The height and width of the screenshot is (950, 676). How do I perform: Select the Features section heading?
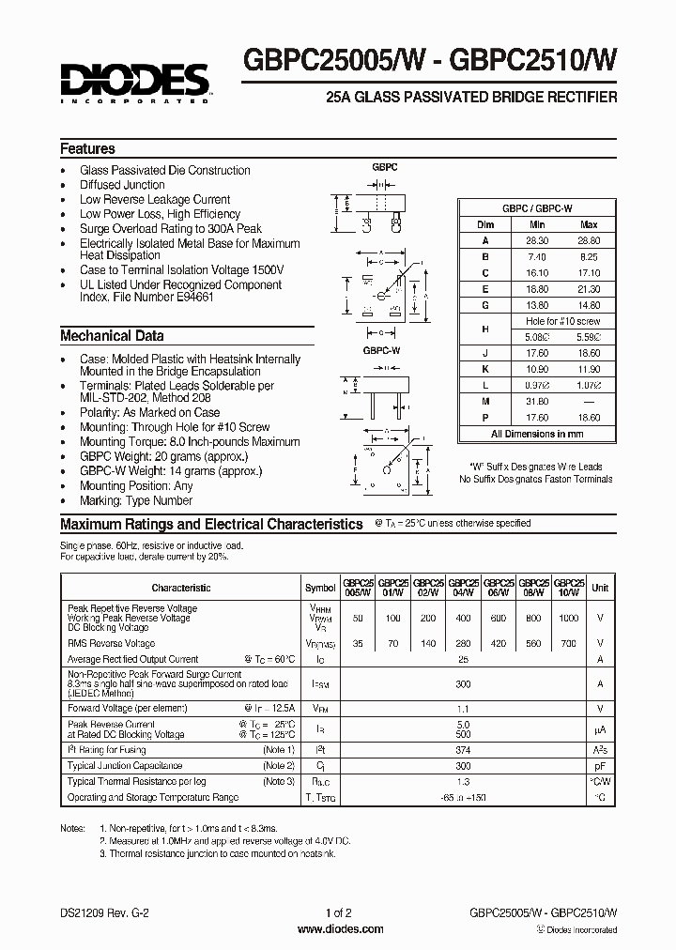[x=87, y=148]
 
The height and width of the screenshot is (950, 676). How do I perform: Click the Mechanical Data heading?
[x=112, y=335]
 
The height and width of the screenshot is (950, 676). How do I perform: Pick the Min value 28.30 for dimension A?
[x=537, y=240]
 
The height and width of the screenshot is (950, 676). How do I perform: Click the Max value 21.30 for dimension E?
[x=590, y=290]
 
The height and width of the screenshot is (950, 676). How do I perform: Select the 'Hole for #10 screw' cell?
[x=563, y=321]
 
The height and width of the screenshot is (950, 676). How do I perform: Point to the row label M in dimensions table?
[x=485, y=402]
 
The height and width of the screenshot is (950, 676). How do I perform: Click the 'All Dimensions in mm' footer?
[x=537, y=434]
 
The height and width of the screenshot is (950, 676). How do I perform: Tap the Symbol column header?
[x=320, y=588]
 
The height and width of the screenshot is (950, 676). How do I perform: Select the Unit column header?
[x=600, y=588]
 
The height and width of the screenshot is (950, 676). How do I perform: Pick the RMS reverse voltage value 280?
[x=463, y=644]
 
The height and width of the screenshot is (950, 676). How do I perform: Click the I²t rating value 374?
[x=462, y=750]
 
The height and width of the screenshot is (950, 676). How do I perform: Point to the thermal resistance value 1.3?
[x=462, y=781]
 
